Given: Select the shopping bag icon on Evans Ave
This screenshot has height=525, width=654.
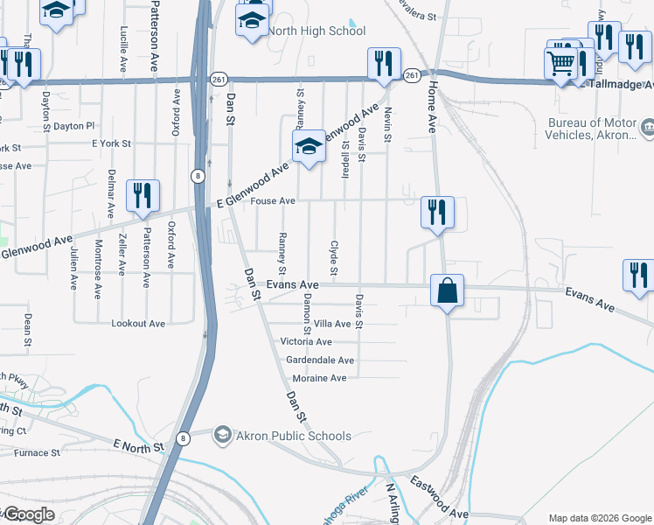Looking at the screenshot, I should click(x=446, y=290).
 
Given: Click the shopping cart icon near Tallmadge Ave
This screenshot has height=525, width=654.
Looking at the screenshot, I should click(x=560, y=63).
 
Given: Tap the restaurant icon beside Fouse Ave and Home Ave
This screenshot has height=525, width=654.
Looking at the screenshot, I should click(x=437, y=213).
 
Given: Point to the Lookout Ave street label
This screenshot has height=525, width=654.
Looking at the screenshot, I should click(x=138, y=324).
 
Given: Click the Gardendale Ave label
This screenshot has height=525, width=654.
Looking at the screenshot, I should click(x=320, y=360).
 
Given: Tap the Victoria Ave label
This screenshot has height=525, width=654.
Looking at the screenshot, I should click(x=306, y=342).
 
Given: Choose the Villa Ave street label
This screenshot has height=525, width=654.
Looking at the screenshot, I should click(x=332, y=324).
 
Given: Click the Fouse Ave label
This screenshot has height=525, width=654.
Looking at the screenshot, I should click(x=273, y=201).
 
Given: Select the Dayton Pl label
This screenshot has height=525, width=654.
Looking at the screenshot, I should click(x=73, y=126).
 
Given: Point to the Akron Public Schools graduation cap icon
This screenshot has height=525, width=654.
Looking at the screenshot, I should click(x=223, y=435).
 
